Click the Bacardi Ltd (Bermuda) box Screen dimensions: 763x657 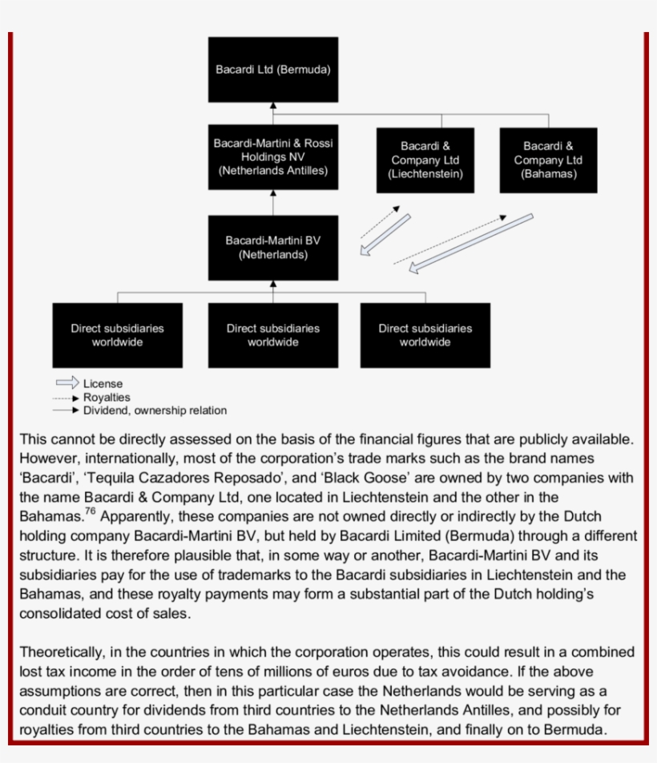pos(272,70)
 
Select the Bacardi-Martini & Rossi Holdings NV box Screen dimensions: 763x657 pos(272,157)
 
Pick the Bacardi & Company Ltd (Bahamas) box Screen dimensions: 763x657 pos(548,159)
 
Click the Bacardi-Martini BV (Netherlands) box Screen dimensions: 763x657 pos(272,248)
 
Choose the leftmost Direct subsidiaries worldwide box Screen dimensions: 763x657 pos(117,335)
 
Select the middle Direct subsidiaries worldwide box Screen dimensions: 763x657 pos(272,335)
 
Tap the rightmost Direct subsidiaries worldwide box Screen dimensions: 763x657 pos(425,335)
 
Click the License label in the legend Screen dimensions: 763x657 pos(103,384)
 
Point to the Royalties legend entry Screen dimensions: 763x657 pos(106,397)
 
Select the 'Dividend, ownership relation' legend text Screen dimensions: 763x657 pos(155,410)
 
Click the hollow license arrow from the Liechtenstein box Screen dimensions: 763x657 pos(385,235)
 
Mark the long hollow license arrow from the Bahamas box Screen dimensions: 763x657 pos(470,243)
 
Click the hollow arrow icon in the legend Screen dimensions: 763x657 pos(67,383)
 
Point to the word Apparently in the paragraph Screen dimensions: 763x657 pos(137,517)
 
